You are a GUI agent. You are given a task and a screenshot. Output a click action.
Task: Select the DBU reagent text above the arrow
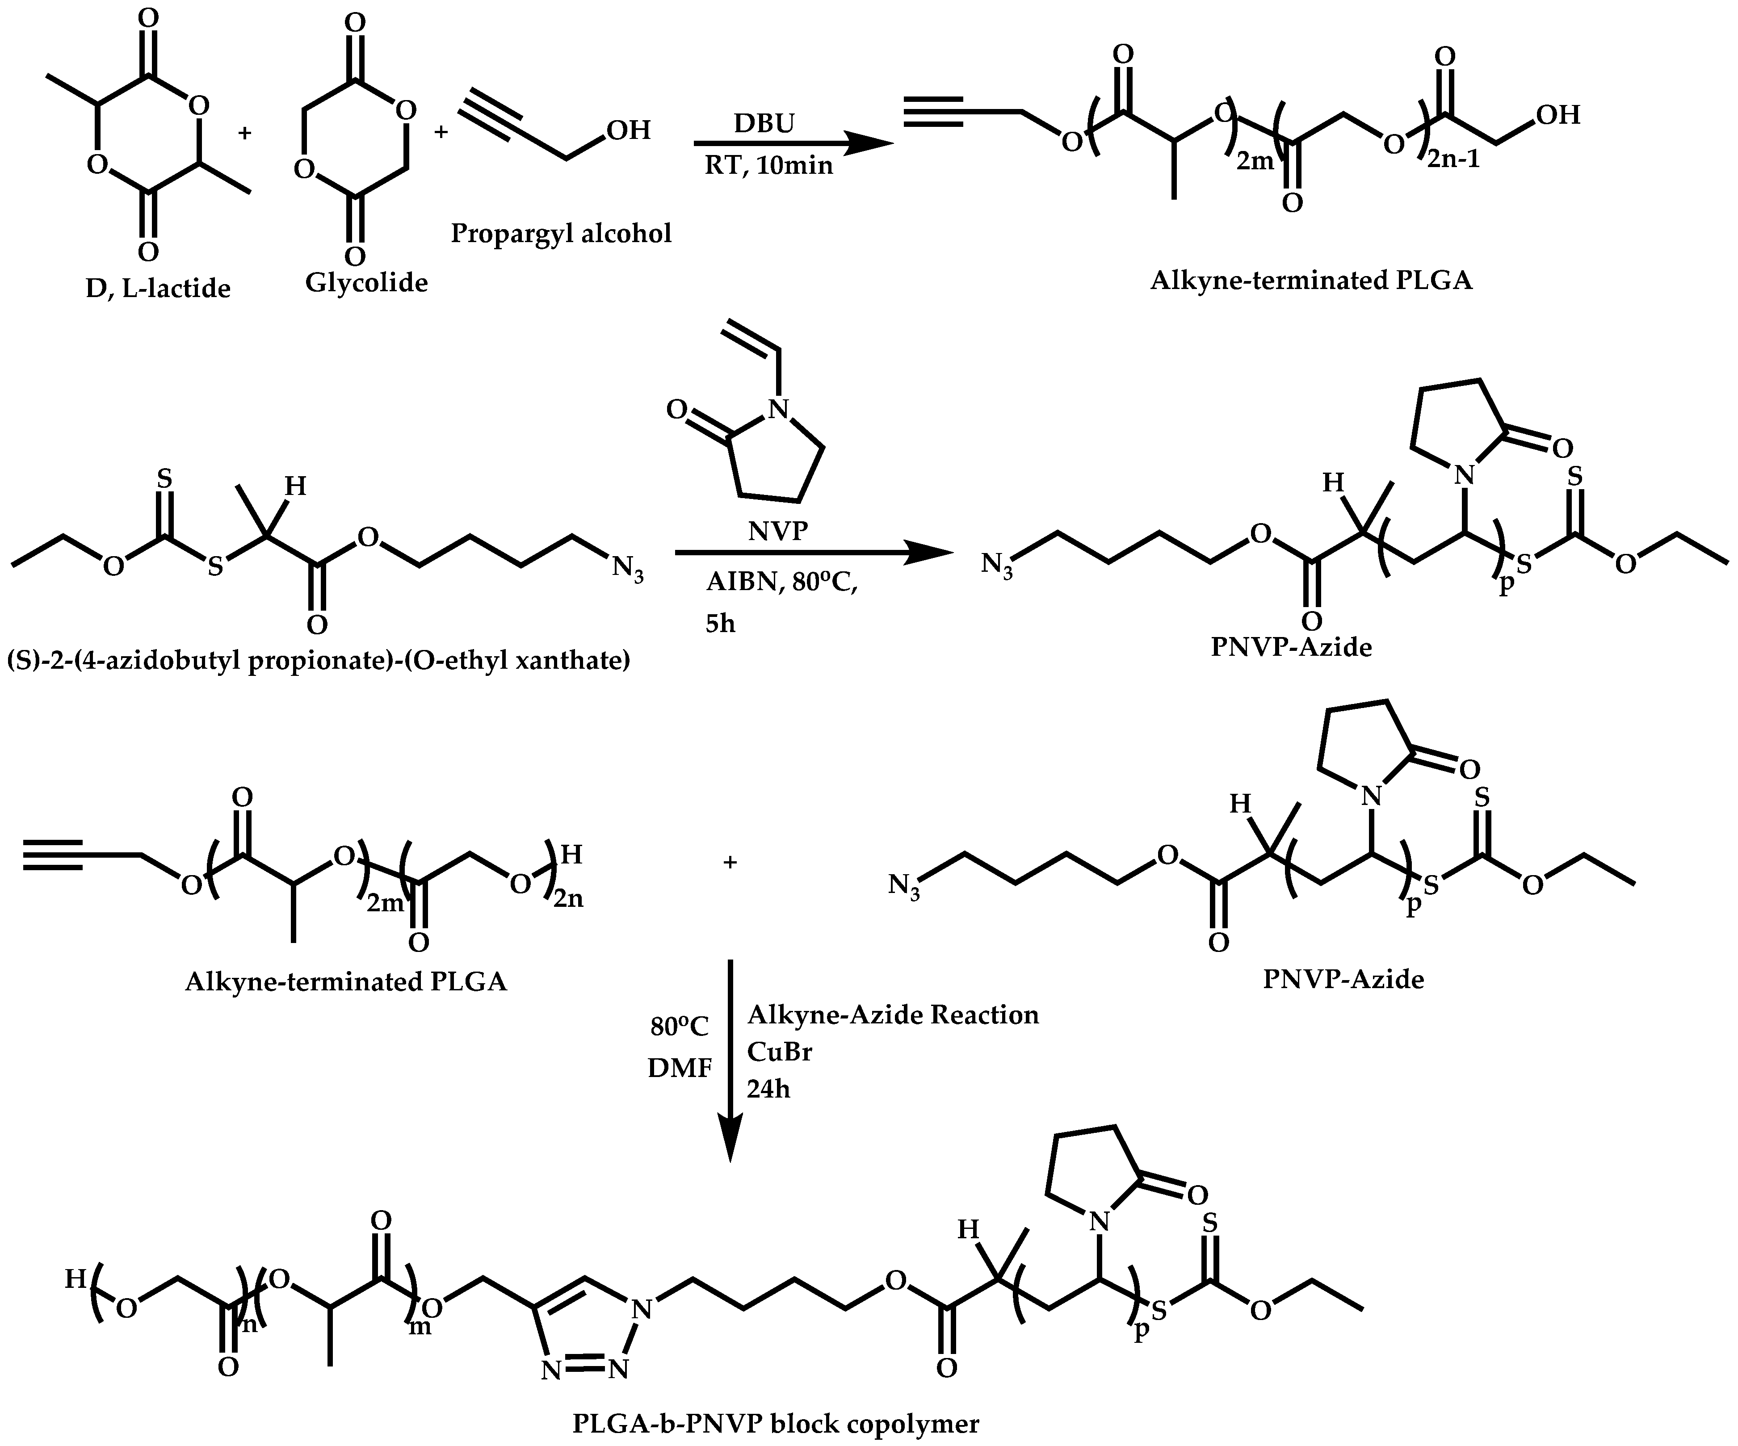763,123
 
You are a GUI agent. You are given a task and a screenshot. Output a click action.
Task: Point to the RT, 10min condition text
768,166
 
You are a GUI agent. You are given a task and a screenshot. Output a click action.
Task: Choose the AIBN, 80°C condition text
781,583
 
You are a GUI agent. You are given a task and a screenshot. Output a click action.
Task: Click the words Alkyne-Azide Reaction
892,1015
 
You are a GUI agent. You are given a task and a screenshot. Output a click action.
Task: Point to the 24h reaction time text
768,1089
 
